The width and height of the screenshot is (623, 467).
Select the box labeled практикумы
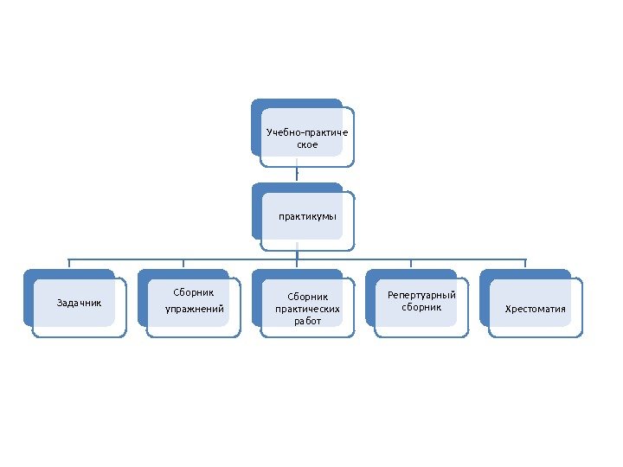pos(306,217)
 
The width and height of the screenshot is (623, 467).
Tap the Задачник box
pos(79,304)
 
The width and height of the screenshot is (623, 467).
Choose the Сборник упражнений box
pos(192,302)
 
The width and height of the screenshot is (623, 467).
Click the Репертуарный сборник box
pos(421,302)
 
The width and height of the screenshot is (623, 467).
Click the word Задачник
pos(79,304)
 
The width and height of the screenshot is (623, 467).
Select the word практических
pos(307,308)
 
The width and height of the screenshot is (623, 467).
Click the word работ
pos(307,321)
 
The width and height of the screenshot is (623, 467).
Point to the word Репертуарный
pos(421,295)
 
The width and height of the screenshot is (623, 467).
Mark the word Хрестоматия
pos(536,309)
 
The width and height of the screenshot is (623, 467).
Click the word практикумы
pos(307,216)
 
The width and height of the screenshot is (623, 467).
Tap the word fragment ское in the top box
pos(307,144)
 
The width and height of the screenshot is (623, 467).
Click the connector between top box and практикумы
pos(297,173)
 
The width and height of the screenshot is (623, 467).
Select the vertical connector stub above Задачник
pos(69,264)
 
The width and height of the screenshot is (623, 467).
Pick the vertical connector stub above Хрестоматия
pos(525,264)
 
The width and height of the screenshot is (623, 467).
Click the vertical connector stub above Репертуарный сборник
pos(411,264)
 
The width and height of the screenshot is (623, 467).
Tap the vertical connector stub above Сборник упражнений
pos(183,264)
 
